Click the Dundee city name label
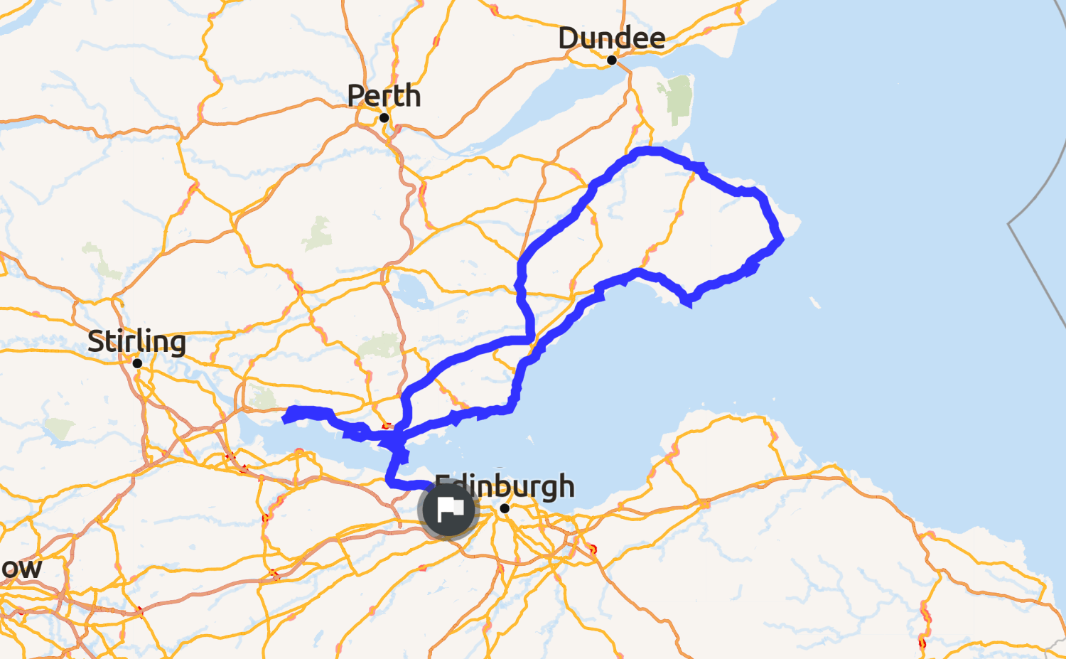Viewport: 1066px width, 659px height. click(x=611, y=38)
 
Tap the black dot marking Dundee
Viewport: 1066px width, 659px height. click(x=611, y=60)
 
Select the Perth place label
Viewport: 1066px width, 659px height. click(x=384, y=96)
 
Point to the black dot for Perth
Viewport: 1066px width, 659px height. click(x=384, y=118)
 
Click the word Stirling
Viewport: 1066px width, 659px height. click(x=136, y=342)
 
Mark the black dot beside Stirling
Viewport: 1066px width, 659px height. click(x=137, y=363)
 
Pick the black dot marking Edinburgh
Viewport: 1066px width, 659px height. click(x=505, y=508)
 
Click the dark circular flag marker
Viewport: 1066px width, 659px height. click(x=448, y=509)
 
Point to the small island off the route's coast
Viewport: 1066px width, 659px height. click(x=814, y=304)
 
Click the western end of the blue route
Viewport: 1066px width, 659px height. click(x=286, y=419)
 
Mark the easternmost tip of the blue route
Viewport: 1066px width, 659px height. click(x=780, y=240)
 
